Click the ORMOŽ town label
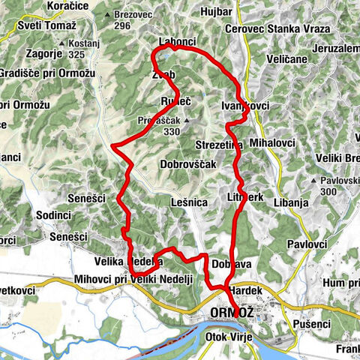coord(228,313)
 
